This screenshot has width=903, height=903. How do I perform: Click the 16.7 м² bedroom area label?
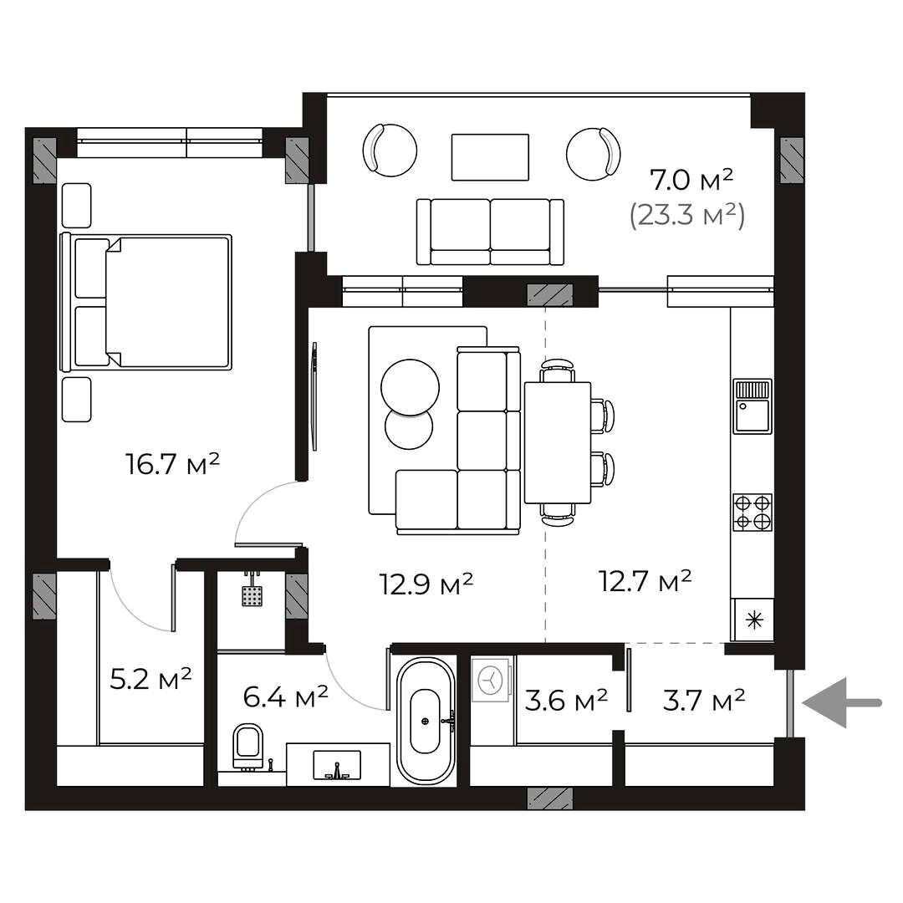click(x=173, y=464)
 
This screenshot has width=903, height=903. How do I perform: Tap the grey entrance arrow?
click(x=841, y=702)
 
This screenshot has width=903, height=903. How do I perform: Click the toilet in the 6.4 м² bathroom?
click(x=248, y=747)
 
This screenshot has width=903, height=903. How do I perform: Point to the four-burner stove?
click(x=752, y=512)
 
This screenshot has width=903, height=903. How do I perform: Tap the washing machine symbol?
click(x=491, y=680)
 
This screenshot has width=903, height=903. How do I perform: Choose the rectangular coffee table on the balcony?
click(x=490, y=157)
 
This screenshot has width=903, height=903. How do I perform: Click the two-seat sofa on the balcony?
click(x=490, y=232)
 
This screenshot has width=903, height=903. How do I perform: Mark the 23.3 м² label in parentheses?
click(x=687, y=217)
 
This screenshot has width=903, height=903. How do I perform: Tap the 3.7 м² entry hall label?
click(x=704, y=700)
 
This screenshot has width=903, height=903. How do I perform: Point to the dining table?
click(x=558, y=442)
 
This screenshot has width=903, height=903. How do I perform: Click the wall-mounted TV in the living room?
click(x=314, y=396)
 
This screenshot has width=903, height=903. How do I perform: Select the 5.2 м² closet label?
click(x=150, y=679)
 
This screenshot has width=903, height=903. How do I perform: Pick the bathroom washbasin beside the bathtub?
click(x=337, y=765)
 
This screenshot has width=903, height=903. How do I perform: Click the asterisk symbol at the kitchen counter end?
click(x=753, y=620)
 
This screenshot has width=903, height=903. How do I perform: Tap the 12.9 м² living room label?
click(x=426, y=584)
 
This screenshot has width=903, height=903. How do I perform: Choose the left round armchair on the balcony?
click(x=390, y=150)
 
